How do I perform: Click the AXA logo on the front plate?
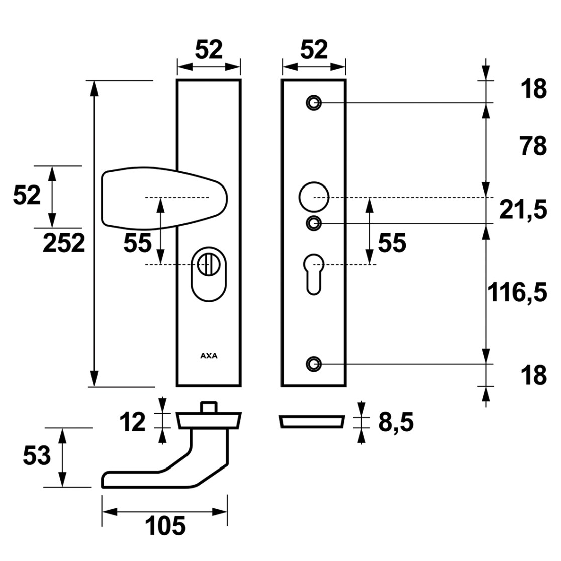pyautogui.click(x=209, y=356)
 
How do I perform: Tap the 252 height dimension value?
pyautogui.click(x=64, y=243)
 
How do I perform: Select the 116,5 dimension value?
pyautogui.click(x=517, y=292)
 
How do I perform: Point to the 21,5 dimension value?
pyautogui.click(x=523, y=210)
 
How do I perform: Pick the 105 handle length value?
pyautogui.click(x=165, y=526)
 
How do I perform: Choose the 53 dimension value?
pyautogui.click(x=37, y=456)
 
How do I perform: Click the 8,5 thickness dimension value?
pyautogui.click(x=396, y=422)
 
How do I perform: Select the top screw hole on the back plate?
pyautogui.click(x=314, y=103)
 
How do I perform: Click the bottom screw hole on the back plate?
pyautogui.click(x=314, y=364)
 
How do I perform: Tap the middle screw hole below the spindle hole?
pyautogui.click(x=314, y=223)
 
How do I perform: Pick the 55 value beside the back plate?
pyautogui.click(x=392, y=243)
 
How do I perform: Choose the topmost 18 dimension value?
pyautogui.click(x=534, y=89)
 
